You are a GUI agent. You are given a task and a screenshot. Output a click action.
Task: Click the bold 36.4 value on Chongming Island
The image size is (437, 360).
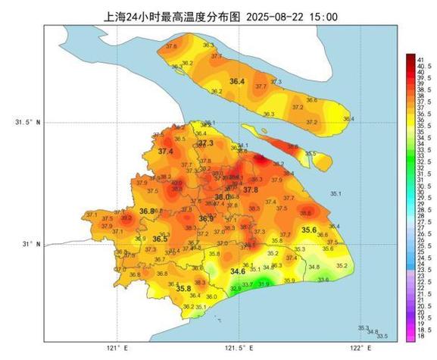tap(237, 81)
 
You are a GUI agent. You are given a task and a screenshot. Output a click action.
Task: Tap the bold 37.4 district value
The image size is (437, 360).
tap(165, 152)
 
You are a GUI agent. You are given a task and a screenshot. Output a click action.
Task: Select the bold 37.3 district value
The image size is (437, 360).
tap(206, 143)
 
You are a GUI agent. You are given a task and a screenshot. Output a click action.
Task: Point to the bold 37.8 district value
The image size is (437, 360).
tap(251, 189)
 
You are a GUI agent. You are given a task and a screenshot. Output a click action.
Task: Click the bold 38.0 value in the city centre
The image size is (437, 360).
tap(222, 197)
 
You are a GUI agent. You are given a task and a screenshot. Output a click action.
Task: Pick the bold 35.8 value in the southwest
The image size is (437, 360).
tap(183, 289)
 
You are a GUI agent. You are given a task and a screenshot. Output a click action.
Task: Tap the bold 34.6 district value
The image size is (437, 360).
tap(238, 271)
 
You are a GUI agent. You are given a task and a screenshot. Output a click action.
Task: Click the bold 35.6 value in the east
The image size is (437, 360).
tap(309, 230)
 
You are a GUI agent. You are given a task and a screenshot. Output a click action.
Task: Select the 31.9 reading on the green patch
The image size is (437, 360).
tap(264, 283)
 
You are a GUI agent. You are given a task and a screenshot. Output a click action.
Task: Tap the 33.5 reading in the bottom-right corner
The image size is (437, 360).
tap(382, 337)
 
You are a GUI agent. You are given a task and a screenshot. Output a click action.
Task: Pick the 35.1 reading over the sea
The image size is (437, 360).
tap(336, 194)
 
